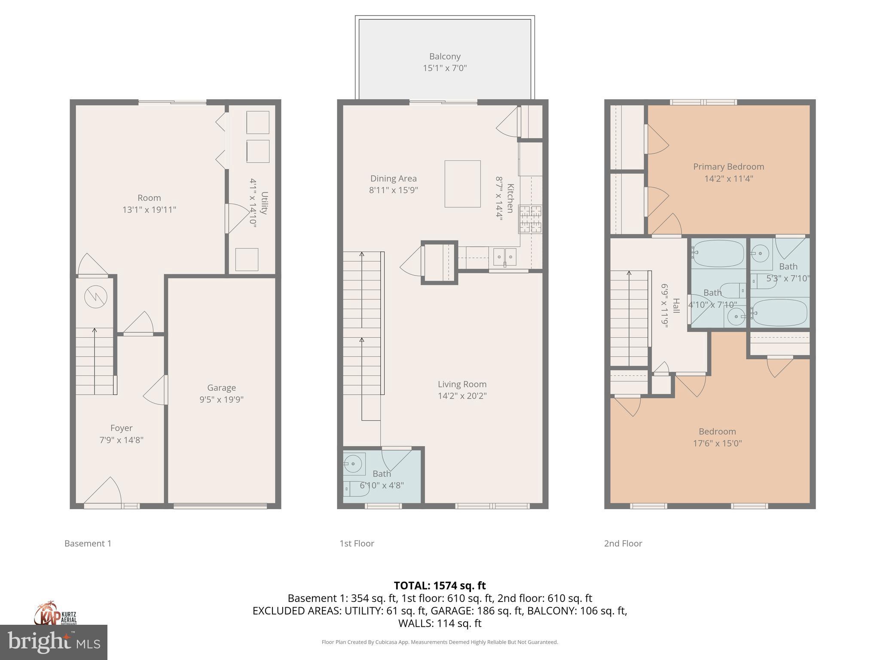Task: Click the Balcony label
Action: click(445, 56)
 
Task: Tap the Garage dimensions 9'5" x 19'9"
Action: click(221, 400)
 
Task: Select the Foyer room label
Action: click(121, 428)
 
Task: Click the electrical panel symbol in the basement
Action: click(95, 296)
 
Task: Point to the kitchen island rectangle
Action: click(462, 184)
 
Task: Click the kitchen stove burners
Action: click(531, 219)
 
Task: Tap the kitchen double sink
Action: click(504, 257)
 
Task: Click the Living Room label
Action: click(462, 384)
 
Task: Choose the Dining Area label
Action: click(393, 178)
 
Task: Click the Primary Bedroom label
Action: click(728, 167)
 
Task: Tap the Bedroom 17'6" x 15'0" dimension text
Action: click(717, 443)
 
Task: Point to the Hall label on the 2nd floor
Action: click(676, 306)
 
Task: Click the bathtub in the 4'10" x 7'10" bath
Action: click(718, 254)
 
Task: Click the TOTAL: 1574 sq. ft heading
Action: click(440, 586)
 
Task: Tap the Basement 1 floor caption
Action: click(88, 544)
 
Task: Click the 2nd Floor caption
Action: click(623, 544)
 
